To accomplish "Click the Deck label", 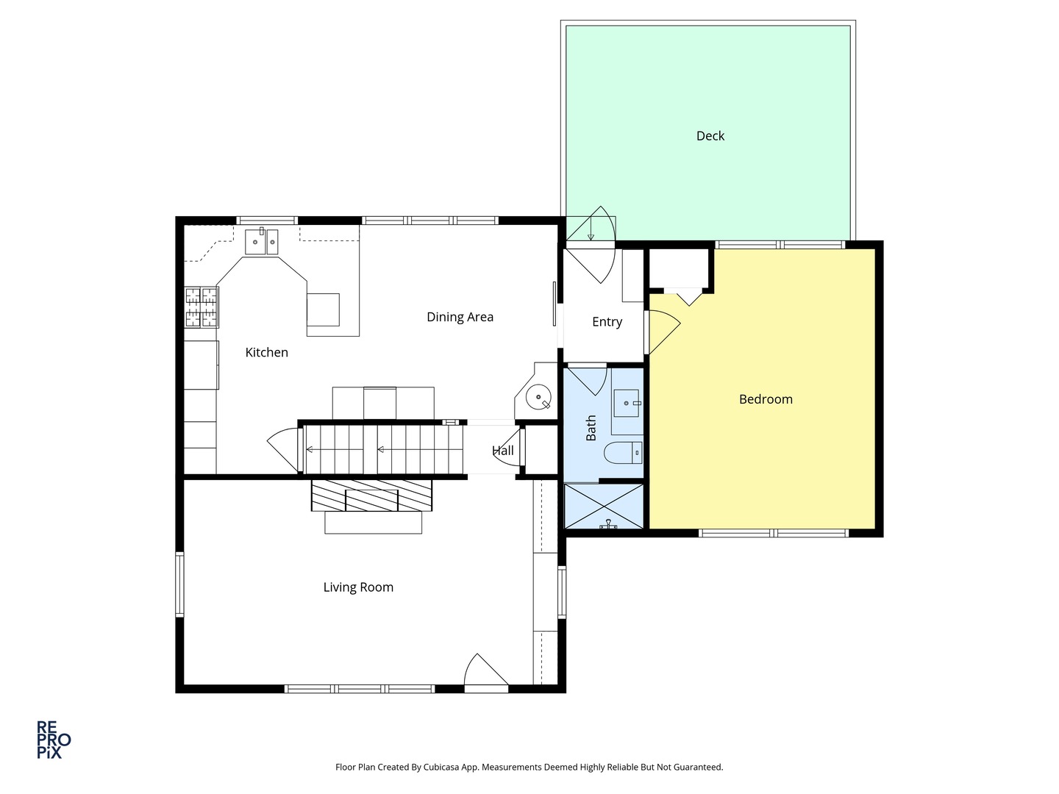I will click(710, 136).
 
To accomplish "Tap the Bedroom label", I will click(766, 399).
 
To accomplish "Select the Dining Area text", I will click(460, 317).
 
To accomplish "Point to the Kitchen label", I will click(266, 352).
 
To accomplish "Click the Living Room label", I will click(358, 587).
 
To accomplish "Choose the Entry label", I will click(607, 321).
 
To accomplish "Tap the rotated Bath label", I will click(591, 428).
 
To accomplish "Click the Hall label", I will click(503, 451).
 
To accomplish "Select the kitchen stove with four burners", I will click(201, 307).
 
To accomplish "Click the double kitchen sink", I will click(261, 241).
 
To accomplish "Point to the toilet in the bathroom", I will click(623, 453).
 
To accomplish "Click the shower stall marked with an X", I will click(604, 506).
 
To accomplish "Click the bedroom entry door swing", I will click(663, 331).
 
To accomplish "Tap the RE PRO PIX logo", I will click(54, 739).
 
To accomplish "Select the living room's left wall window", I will click(179, 584).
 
